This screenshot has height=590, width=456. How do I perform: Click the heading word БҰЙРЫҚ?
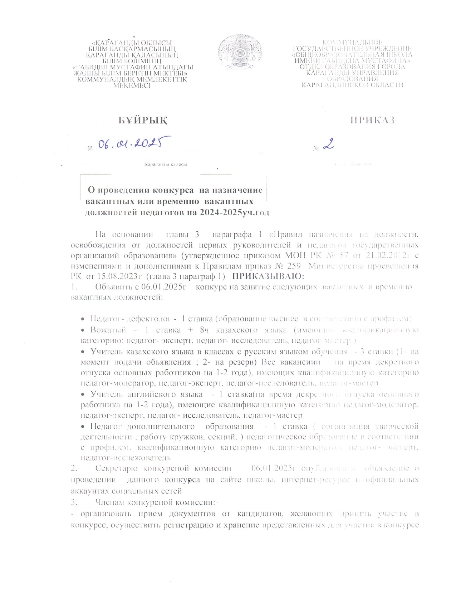tap(143, 121)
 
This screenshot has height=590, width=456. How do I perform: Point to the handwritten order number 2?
tap(328, 144)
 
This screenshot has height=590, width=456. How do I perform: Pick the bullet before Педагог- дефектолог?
tap(83, 319)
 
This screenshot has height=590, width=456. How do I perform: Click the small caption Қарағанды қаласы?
tap(166, 164)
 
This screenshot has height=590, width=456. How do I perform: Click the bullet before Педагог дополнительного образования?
tap(83, 427)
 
